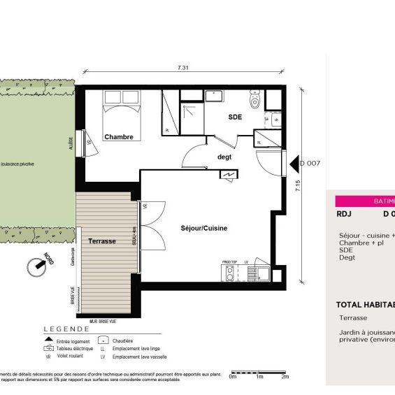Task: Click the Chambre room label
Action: click(118, 137)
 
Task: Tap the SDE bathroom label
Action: click(235, 117)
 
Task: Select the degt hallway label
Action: click(224, 157)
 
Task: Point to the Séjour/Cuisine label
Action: click(204, 228)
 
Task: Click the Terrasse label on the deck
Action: click(102, 240)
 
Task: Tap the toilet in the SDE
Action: click(255, 104)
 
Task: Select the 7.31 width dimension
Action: click(182, 68)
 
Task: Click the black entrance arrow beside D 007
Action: click(294, 164)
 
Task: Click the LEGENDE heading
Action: click(66, 329)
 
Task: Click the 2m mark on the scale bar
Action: click(285, 377)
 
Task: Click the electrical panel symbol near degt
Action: click(227, 175)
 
